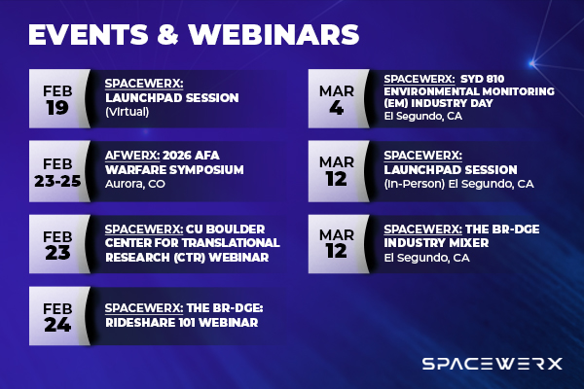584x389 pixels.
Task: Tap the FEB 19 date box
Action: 56,97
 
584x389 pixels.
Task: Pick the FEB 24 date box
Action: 56,314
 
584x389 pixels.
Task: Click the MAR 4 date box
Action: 338,97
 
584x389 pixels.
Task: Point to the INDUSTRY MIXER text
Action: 438,243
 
